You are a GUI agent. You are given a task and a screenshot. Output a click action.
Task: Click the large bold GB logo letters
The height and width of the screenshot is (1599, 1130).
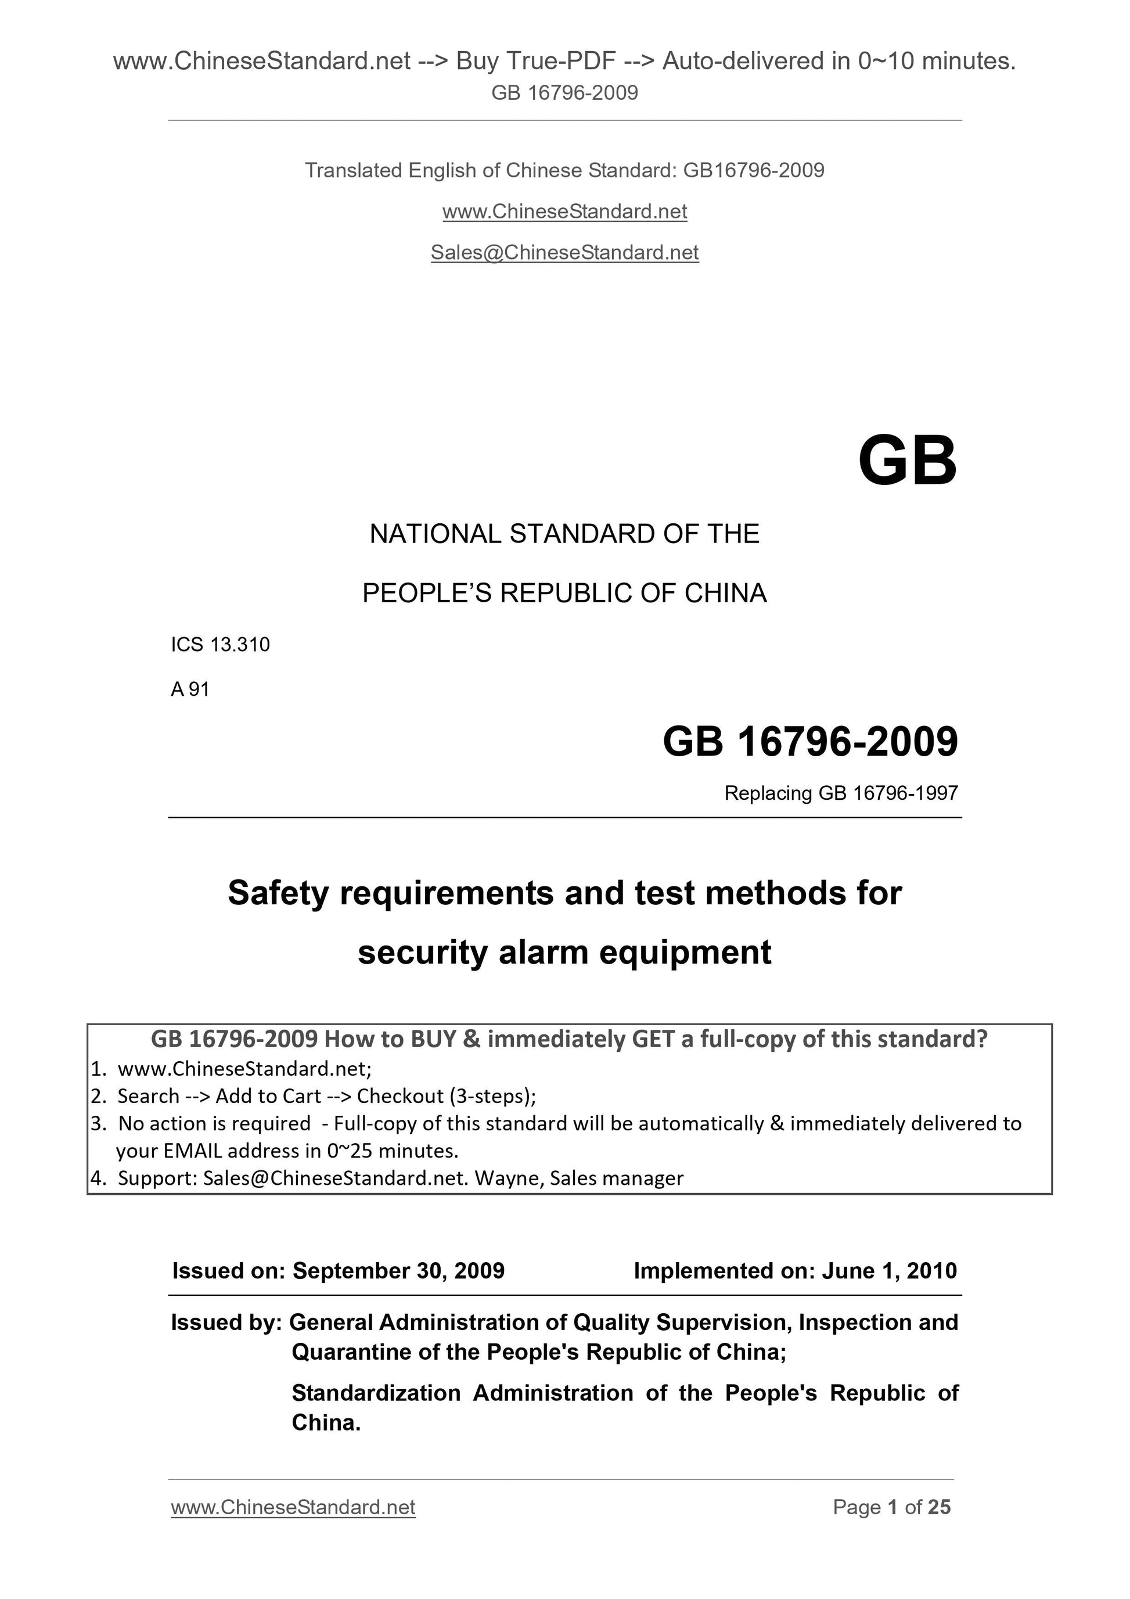pos(907,462)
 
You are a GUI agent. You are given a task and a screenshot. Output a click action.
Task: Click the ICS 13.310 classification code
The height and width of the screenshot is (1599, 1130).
pos(220,645)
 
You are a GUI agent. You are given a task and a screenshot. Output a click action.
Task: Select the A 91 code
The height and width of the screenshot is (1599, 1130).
pos(189,689)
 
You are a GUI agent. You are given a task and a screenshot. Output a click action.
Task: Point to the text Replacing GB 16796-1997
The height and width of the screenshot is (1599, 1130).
pos(840,793)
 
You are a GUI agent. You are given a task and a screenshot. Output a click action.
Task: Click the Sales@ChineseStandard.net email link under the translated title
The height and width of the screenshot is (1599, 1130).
pos(564,253)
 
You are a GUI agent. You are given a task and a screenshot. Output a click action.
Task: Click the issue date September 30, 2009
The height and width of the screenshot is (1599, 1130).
pos(398,1271)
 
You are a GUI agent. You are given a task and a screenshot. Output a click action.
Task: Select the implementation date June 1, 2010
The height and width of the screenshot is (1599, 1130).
pos(889,1271)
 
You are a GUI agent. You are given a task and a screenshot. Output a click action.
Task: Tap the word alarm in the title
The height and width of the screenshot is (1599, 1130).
pos(542,953)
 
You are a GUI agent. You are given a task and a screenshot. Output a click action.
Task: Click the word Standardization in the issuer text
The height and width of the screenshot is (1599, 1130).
pos(376,1393)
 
